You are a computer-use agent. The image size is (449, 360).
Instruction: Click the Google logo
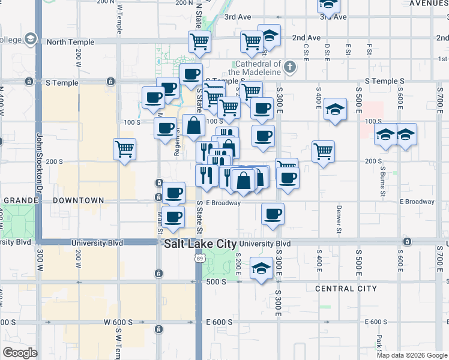point(20,353)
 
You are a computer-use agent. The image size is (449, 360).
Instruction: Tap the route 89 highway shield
point(199,258)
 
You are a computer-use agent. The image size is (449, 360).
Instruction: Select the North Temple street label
point(70,42)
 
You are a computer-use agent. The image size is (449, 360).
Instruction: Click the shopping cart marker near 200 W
point(124,148)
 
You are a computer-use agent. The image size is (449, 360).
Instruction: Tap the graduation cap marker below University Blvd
point(261,269)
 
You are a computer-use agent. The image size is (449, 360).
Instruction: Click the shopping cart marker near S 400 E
point(323,151)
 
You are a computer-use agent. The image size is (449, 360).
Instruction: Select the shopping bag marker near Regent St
point(193,127)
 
